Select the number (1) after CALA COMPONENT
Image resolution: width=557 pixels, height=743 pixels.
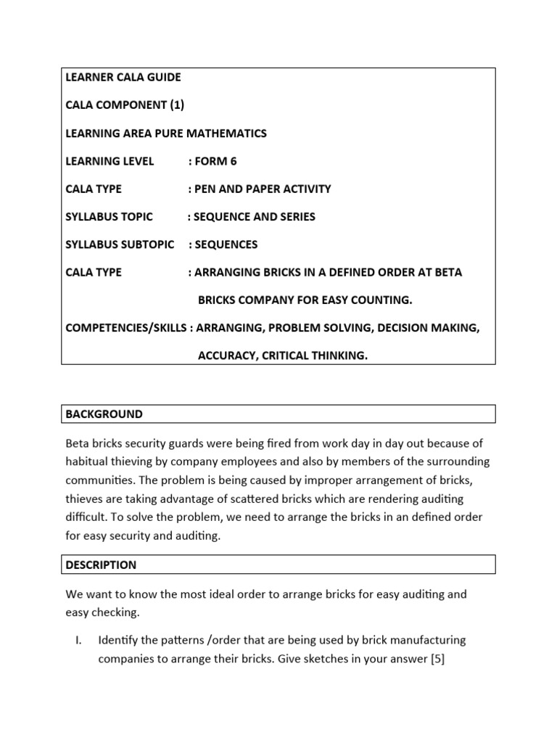tap(177, 104)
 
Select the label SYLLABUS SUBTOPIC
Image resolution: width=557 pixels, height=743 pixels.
tap(120, 245)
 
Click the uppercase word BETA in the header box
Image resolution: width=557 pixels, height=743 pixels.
tap(448, 272)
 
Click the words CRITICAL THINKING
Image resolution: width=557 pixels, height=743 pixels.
tap(315, 356)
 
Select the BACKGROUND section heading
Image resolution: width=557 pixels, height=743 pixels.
tap(104, 414)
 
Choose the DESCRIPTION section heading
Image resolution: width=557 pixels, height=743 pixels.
tap(101, 565)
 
